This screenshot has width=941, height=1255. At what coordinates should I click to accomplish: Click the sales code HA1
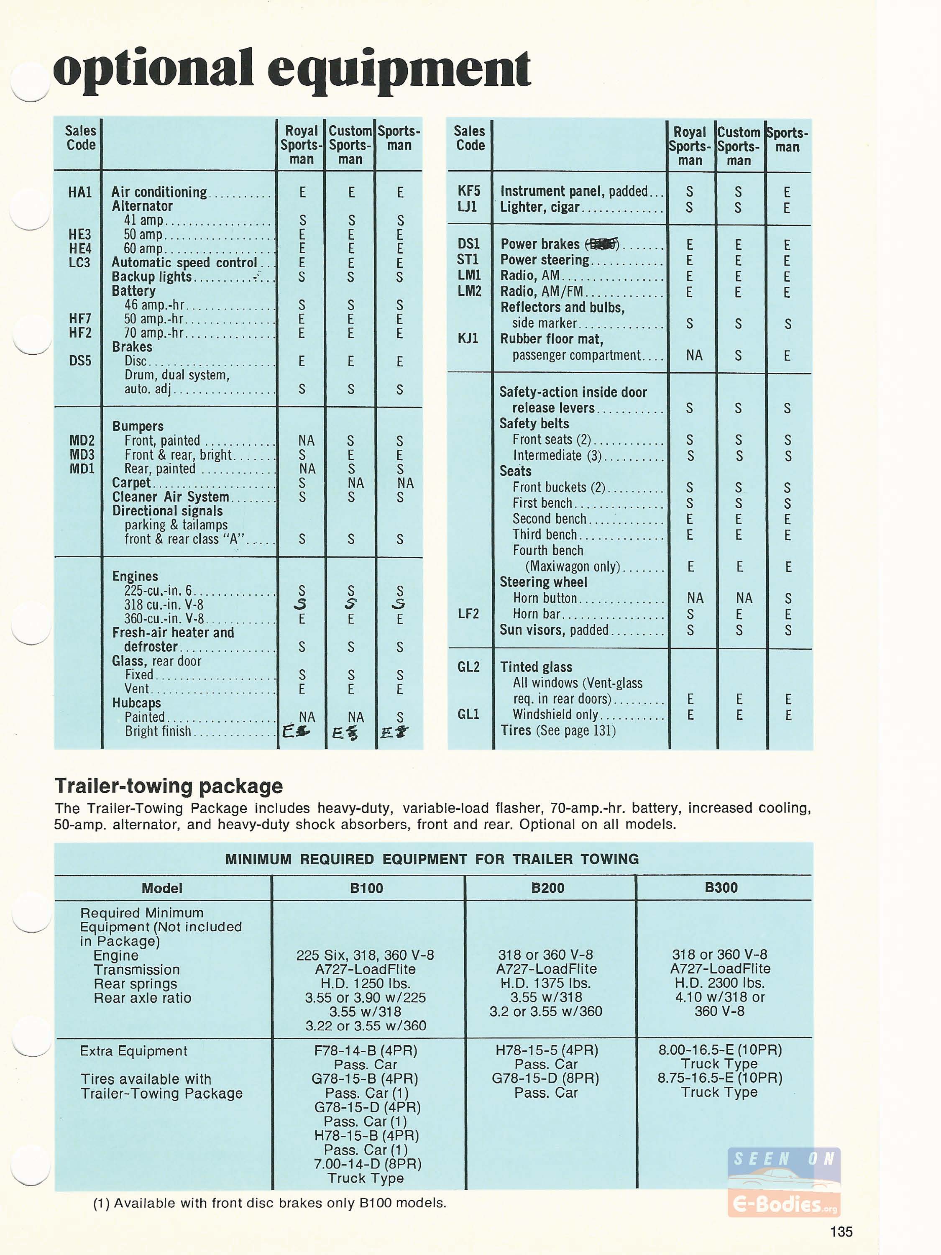pyautogui.click(x=79, y=192)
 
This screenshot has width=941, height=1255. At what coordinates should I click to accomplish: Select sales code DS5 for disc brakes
pyautogui.click(x=79, y=361)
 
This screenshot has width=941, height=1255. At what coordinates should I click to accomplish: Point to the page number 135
pyautogui.click(x=841, y=1232)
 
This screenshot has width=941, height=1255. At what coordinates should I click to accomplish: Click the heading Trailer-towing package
pyautogui.click(x=169, y=786)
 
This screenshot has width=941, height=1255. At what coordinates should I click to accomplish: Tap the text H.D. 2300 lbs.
pyautogui.click(x=719, y=983)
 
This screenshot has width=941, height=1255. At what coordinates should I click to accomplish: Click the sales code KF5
pyautogui.click(x=468, y=191)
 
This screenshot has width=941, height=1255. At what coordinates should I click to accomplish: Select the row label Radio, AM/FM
pyautogui.click(x=542, y=292)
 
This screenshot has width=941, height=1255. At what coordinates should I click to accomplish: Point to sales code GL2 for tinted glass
pyautogui.click(x=468, y=667)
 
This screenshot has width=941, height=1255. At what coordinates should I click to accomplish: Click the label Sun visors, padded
pyautogui.click(x=554, y=630)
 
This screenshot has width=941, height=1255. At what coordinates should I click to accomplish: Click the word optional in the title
pyautogui.click(x=153, y=69)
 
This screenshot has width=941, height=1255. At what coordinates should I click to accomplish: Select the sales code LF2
pyautogui.click(x=468, y=614)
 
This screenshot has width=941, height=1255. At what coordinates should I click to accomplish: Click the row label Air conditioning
pyautogui.click(x=159, y=192)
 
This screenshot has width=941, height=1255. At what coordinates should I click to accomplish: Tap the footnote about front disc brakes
pyautogui.click(x=269, y=1203)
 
